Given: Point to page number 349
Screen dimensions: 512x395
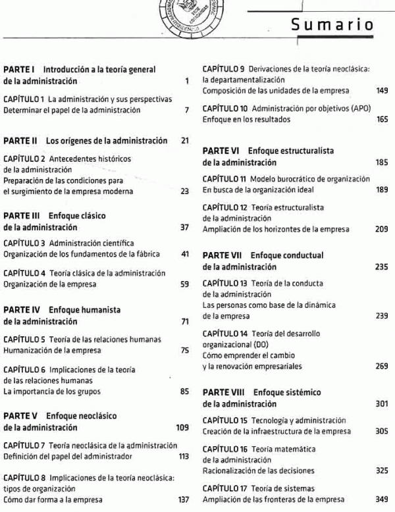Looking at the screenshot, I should pyautogui.click(x=382, y=499).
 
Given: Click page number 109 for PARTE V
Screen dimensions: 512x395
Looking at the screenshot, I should pyautogui.click(x=183, y=428).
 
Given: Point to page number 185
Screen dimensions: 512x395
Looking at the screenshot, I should pyautogui.click(x=382, y=162).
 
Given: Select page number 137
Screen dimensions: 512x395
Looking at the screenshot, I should pyautogui.click(x=184, y=499).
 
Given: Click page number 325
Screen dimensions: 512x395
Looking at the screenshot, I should pyautogui.click(x=382, y=471).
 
